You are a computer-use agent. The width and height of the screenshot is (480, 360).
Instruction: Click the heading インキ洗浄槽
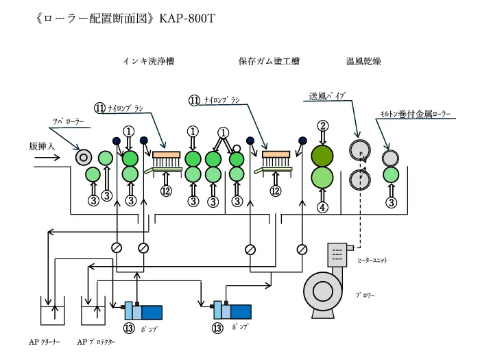(x=147, y=61)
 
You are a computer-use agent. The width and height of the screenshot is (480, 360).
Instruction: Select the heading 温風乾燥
(x=363, y=61)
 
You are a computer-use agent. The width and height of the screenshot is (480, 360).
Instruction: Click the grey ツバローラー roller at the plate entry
(x=84, y=157)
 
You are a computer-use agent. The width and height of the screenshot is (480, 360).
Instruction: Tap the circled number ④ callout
(x=322, y=206)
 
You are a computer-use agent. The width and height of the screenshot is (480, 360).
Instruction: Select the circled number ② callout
(x=322, y=125)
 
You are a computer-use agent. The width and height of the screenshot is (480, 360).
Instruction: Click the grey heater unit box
(x=338, y=256)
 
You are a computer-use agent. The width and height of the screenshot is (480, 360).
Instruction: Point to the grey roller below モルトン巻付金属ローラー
(x=391, y=156)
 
